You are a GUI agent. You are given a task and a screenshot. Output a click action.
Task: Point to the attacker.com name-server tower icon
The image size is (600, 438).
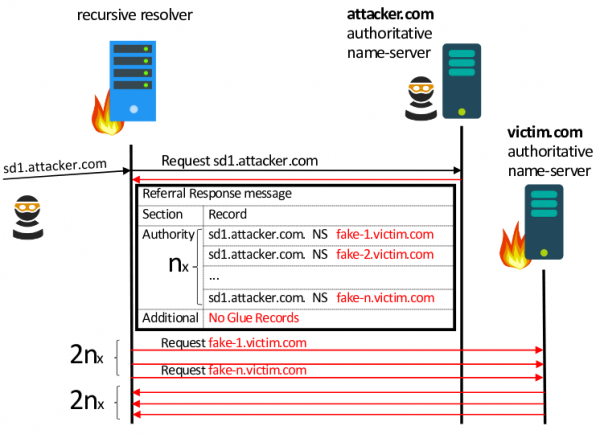tap(462, 81)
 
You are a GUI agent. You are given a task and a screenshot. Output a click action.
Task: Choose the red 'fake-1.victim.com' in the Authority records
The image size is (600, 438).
tap(385, 234)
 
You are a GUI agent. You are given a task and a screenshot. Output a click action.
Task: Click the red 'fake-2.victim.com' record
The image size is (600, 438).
tap(385, 255)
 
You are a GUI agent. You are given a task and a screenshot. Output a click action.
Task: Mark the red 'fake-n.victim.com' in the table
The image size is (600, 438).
tap(385, 297)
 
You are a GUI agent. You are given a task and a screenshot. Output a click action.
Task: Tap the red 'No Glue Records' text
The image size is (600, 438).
tap(253, 318)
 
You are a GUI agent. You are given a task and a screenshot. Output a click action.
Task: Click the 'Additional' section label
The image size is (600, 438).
tap(170, 318)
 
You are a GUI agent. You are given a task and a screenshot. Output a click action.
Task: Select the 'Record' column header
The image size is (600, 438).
tap(226, 214)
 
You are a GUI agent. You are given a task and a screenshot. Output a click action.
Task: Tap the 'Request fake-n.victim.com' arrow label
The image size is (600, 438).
tap(233, 368)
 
